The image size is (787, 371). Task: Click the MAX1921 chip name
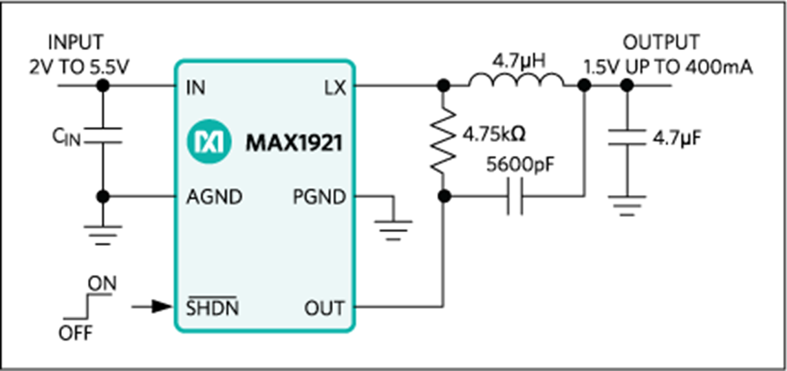[294, 144]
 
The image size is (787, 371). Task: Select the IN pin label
[196, 87]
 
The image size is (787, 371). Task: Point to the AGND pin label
[214, 197]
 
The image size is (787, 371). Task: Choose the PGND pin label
[319, 198]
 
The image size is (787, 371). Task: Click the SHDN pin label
[213, 306]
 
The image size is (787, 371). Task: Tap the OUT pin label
[325, 308]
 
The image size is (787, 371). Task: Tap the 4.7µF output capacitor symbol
[626, 138]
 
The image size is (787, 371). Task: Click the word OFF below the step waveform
[76, 333]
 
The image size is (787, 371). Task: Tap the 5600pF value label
[522, 167]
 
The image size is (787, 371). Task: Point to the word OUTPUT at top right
[661, 43]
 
